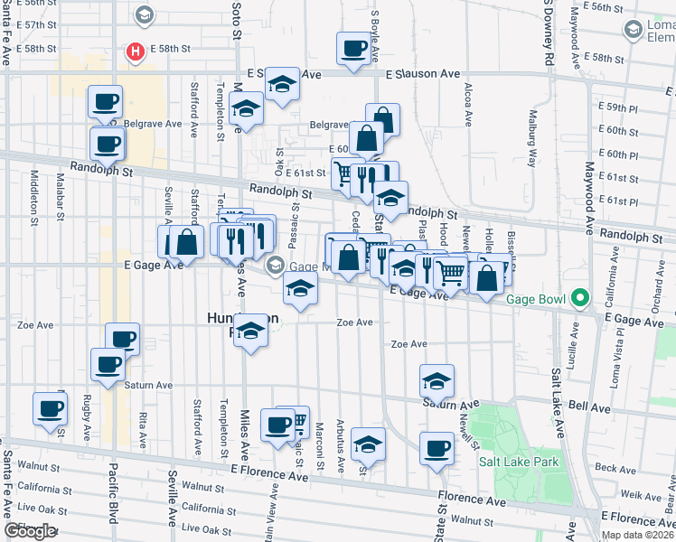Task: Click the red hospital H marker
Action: tap(136, 52)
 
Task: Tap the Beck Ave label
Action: tap(617, 469)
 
